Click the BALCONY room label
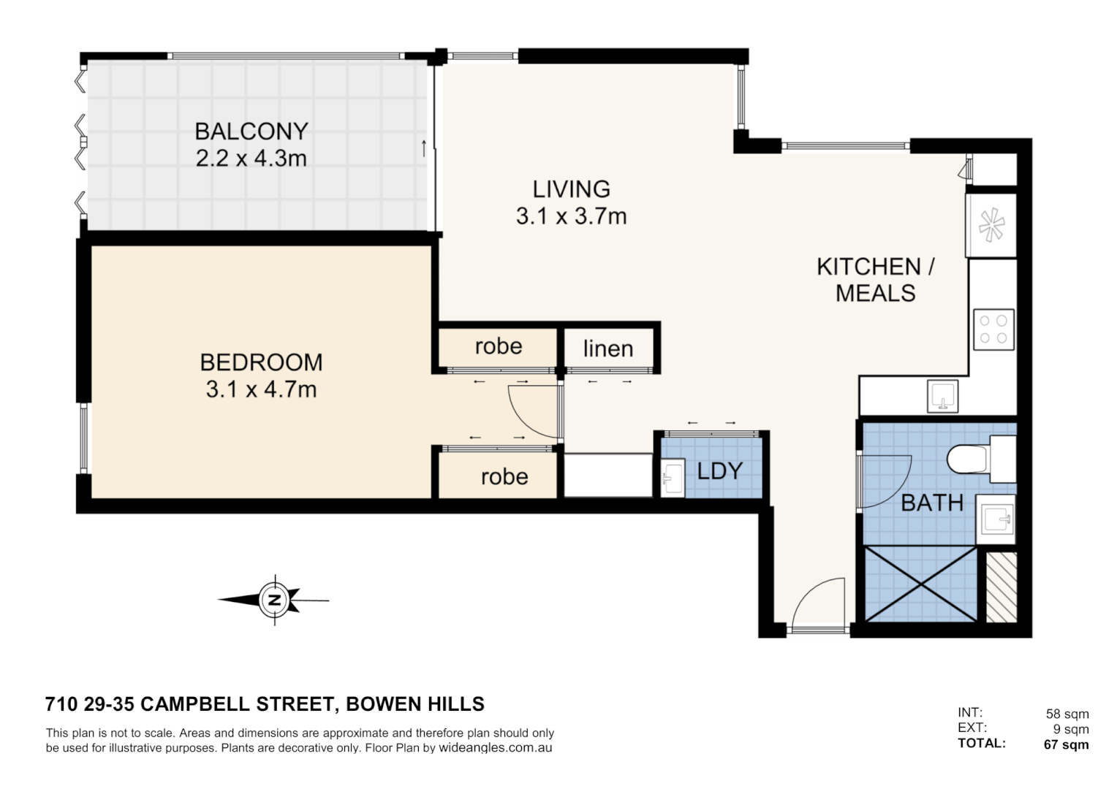click(251, 131)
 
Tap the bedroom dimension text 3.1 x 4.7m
click(261, 389)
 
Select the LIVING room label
click(571, 189)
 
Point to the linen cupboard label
click(607, 349)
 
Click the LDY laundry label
click(719, 471)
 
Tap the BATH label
click(931, 503)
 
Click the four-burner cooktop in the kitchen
click(993, 329)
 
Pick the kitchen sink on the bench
click(943, 396)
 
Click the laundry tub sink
click(672, 479)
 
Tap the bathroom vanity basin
click(996, 519)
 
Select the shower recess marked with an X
click(920, 584)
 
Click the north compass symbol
click(275, 601)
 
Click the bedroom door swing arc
click(532, 413)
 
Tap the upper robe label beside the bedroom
click(499, 346)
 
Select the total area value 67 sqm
click(1066, 744)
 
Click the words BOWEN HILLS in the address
click(414, 704)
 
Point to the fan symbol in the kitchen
click(991, 225)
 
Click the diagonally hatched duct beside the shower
click(1001, 587)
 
